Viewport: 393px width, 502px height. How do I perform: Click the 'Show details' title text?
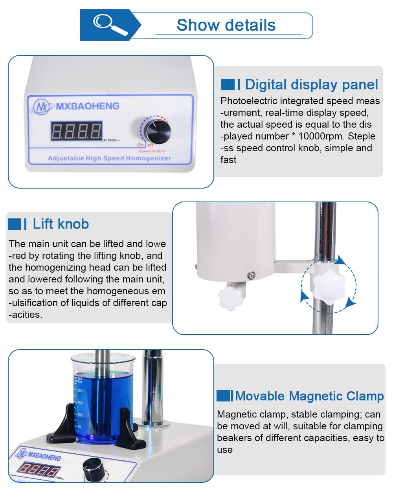226,25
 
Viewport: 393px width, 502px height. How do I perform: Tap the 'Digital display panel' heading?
311,84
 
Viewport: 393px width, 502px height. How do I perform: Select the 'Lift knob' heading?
61,224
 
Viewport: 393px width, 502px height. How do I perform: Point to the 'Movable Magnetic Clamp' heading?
309,396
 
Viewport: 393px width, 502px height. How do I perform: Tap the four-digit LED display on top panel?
76,131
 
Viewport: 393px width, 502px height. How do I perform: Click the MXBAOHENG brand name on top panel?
87,106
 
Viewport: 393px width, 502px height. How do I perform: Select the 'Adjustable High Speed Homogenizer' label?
109,158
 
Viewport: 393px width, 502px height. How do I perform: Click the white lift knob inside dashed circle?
329,286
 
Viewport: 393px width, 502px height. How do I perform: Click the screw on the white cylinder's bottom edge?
251,276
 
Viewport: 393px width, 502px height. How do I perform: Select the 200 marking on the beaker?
80,390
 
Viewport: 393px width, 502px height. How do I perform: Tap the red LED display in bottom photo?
38,469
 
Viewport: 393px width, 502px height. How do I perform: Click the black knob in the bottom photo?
94,469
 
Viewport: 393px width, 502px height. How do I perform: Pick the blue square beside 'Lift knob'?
15,224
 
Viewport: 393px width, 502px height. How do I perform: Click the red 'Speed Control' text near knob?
152,151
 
